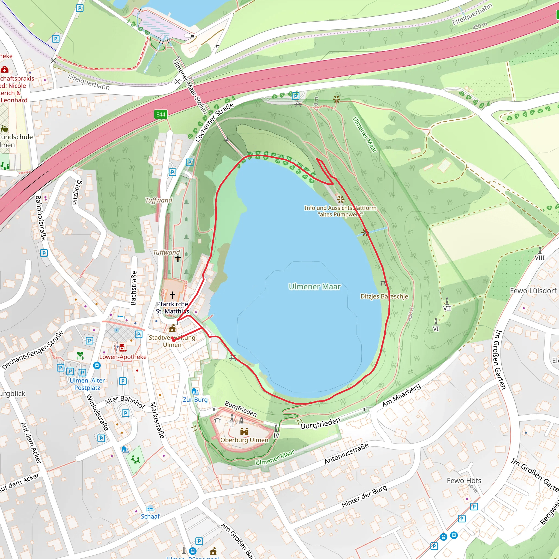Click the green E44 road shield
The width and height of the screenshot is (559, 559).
[x=160, y=114]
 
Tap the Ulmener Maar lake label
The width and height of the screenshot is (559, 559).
[x=314, y=286]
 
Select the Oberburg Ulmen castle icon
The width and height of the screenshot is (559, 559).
[x=244, y=432]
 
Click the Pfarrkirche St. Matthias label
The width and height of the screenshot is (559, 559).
[x=173, y=308]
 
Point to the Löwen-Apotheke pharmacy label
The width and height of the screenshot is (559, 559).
[x=123, y=357]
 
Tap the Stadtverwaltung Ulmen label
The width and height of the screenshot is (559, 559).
[x=172, y=341]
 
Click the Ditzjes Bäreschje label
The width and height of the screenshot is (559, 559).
[x=384, y=296]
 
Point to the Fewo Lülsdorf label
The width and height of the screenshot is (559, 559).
[x=533, y=290]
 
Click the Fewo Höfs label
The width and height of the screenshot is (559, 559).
[x=464, y=481]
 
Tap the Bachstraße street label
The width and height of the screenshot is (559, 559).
[x=133, y=288]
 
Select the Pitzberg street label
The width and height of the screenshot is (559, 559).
[x=77, y=192]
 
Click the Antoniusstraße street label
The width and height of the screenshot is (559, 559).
[x=346, y=453]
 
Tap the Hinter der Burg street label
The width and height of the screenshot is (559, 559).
[x=364, y=496]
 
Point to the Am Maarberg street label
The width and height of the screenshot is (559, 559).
[x=401, y=395]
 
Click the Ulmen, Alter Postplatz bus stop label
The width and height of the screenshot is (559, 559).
[x=87, y=384]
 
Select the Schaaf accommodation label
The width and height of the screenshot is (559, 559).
[x=150, y=516]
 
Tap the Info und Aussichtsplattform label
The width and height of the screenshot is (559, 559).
[x=340, y=211]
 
